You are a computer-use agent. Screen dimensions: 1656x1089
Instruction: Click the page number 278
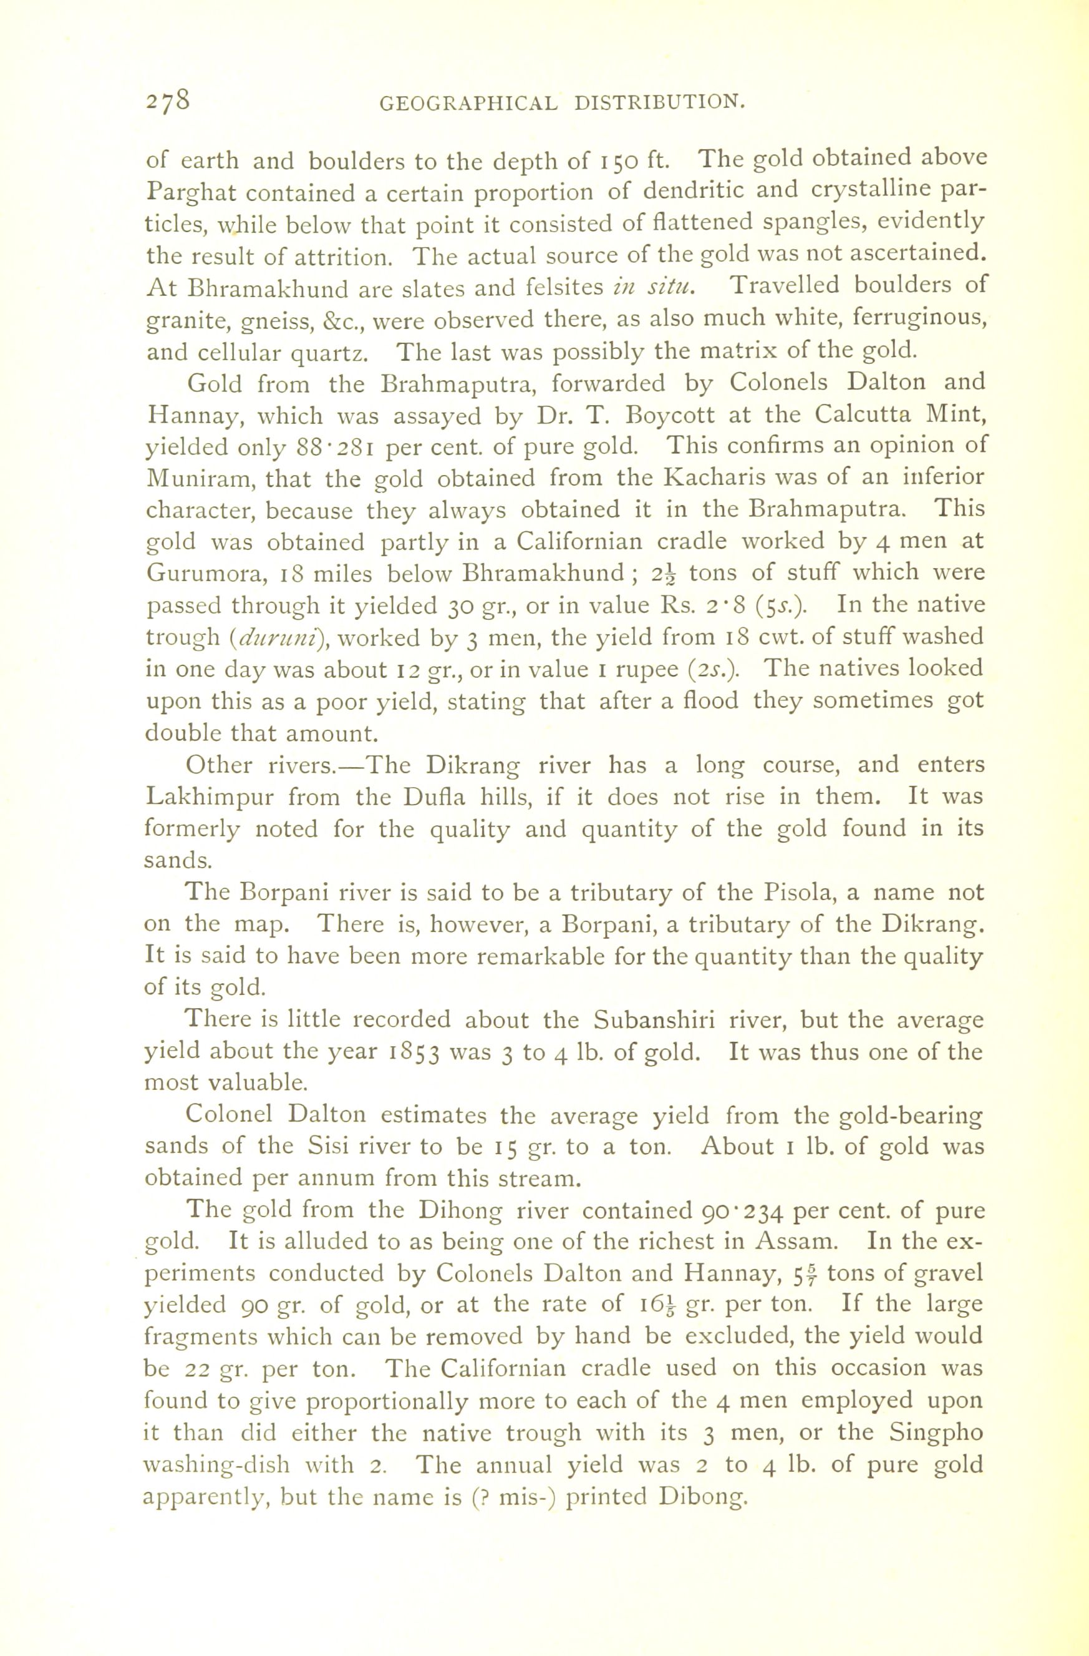[x=168, y=100]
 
